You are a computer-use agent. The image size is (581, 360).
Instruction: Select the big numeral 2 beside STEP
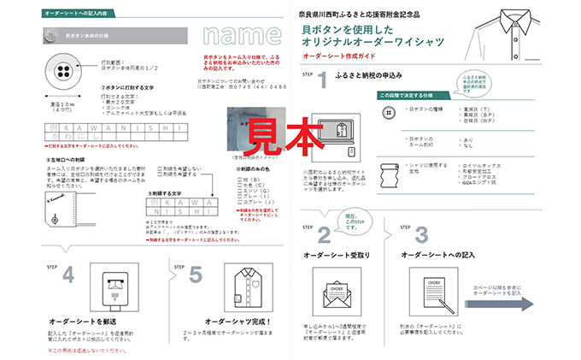(323, 234)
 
